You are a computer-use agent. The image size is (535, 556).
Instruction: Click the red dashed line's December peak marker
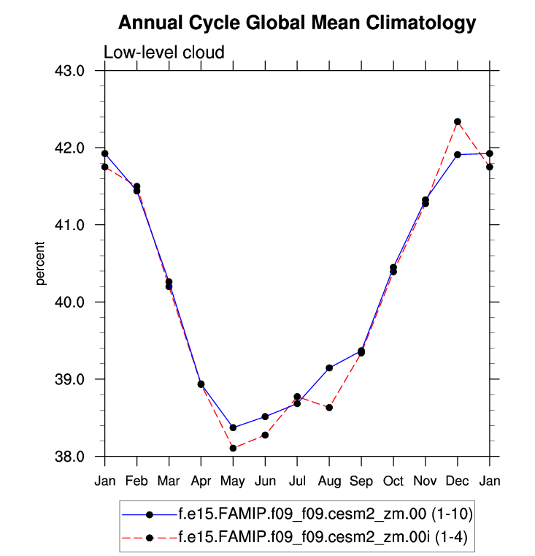[x=458, y=121]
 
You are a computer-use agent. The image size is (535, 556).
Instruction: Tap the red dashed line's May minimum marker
[x=233, y=448]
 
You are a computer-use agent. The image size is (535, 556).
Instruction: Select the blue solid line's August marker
[x=329, y=368]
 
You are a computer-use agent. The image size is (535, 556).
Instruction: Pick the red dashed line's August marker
[x=329, y=407]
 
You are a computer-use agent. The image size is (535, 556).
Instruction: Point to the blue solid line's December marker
[x=458, y=154]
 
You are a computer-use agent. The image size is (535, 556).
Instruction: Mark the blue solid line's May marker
[x=233, y=427]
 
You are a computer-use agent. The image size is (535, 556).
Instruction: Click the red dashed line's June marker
[x=265, y=435]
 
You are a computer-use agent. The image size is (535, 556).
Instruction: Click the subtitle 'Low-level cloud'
[x=163, y=52]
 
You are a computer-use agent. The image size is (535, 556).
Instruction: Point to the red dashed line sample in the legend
[x=150, y=538]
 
